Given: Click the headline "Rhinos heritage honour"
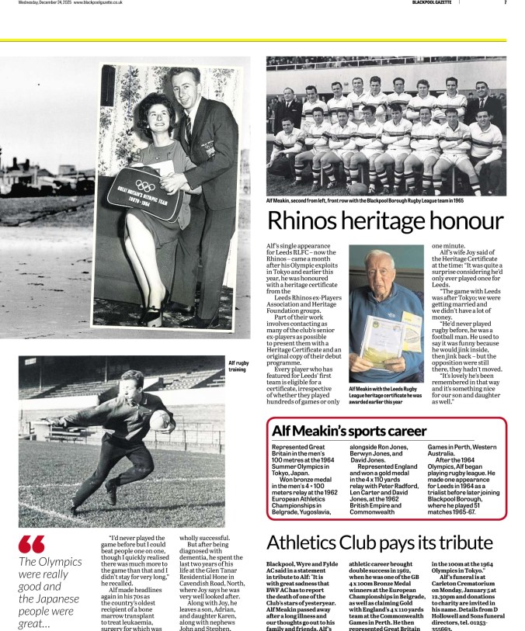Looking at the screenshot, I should coord(385,221).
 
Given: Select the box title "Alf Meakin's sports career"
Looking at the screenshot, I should coord(349,431).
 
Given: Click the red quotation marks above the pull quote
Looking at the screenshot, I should coord(32,544).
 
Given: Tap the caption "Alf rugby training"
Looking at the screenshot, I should coord(238,366).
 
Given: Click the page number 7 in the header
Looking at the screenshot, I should coord(505,3).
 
